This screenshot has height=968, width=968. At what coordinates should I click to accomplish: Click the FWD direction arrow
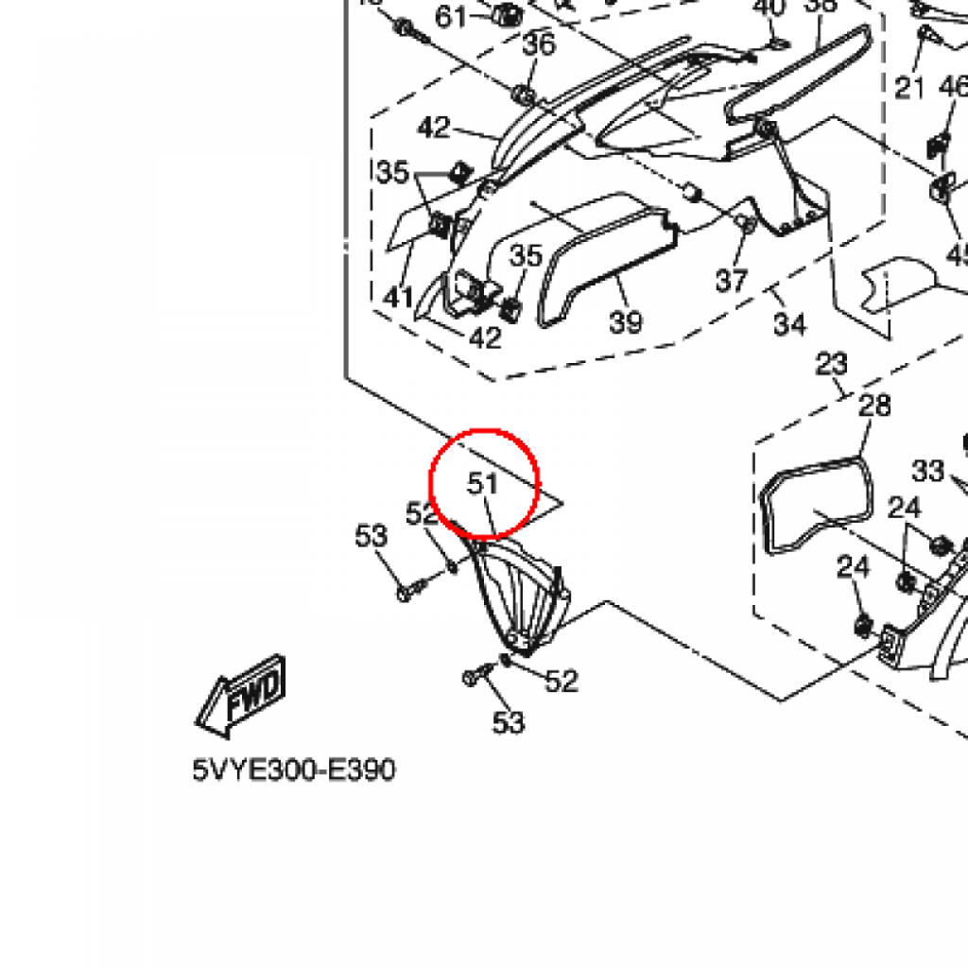(x=240, y=698)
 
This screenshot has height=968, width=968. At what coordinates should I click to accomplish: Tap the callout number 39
(x=625, y=322)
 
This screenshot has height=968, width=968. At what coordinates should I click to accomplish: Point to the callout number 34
(x=789, y=324)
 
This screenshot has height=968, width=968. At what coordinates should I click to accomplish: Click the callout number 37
(x=731, y=280)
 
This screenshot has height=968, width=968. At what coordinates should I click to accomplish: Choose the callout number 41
(x=398, y=298)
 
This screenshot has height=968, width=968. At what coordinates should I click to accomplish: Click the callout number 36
(x=539, y=44)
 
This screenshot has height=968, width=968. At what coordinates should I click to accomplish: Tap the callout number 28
(x=874, y=406)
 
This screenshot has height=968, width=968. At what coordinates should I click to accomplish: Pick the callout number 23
(x=832, y=363)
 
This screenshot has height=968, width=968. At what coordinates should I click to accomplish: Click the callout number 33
(x=927, y=470)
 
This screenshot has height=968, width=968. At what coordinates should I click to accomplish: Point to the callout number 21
(x=909, y=88)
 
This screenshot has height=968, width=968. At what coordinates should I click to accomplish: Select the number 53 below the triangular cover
(x=508, y=723)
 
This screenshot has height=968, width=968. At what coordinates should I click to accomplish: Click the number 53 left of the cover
(x=372, y=536)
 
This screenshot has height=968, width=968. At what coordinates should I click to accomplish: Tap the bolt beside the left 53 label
(x=409, y=593)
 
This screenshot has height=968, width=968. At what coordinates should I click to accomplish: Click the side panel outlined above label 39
(x=605, y=255)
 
